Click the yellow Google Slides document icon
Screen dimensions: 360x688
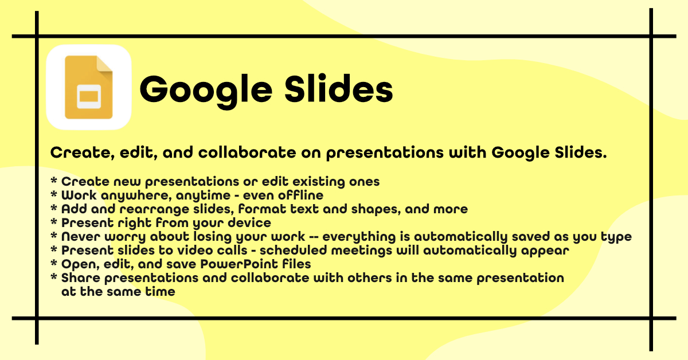point(88,87)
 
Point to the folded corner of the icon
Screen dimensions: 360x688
point(105,63)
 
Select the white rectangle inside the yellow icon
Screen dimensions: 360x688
point(88,96)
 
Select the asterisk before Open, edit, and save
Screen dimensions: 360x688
point(54,264)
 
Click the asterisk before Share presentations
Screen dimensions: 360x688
point(54,277)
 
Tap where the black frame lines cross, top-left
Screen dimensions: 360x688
point(37,36)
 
